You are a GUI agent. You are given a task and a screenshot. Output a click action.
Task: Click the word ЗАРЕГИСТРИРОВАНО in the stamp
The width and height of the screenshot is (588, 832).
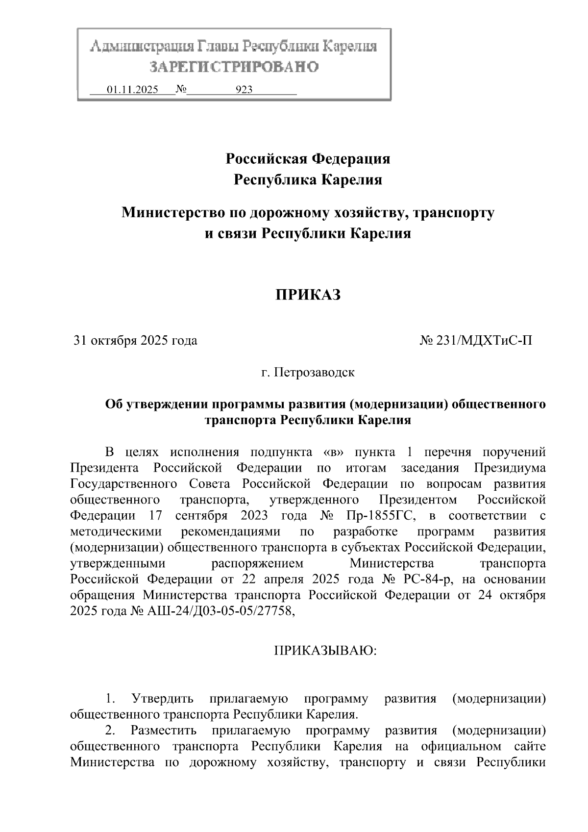tap(234, 67)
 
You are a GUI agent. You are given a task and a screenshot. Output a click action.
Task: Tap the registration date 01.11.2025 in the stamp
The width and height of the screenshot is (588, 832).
tap(132, 90)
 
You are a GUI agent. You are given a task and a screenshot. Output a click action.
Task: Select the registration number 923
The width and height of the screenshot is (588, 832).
tap(244, 90)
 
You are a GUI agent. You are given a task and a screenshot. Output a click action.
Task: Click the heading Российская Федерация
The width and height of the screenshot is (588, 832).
tap(308, 159)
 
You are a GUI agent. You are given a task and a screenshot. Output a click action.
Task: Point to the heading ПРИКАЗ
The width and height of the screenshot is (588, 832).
tap(307, 295)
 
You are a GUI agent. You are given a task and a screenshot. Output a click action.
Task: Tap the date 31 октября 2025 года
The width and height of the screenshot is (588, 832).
tap(135, 340)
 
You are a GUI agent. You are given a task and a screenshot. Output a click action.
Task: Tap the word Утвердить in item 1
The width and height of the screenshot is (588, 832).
tap(163, 698)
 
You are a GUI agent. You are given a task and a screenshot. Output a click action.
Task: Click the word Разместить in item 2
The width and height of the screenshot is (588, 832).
tap(164, 731)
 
